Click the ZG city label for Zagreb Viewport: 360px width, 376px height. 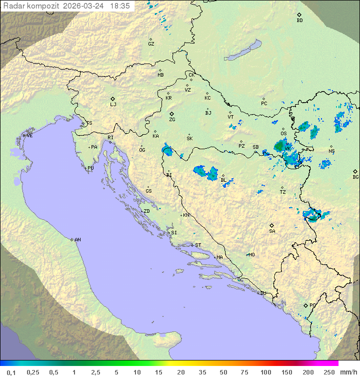coord(172,120)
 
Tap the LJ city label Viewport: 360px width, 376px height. coord(113,104)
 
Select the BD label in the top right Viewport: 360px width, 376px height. coord(299,21)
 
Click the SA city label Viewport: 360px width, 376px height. coord(272,231)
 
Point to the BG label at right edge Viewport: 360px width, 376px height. coord(355,177)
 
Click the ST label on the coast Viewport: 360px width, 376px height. coord(198,245)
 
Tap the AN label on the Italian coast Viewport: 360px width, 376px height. coord(77,240)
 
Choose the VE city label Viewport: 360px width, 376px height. coord(29,136)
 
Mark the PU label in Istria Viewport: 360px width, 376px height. coord(90,168)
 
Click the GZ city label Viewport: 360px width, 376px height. coord(151,44)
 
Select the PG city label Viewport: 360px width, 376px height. coord(312,305)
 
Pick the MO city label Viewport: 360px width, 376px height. coord(251,255)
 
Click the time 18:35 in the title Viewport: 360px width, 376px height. coord(120,6)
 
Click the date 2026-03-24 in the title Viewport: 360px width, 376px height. coord(84,6)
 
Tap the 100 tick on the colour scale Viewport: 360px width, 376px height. coord(265,372)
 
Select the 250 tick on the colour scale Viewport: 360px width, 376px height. coord(328,372)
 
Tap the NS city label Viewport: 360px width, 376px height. coord(331,151)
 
